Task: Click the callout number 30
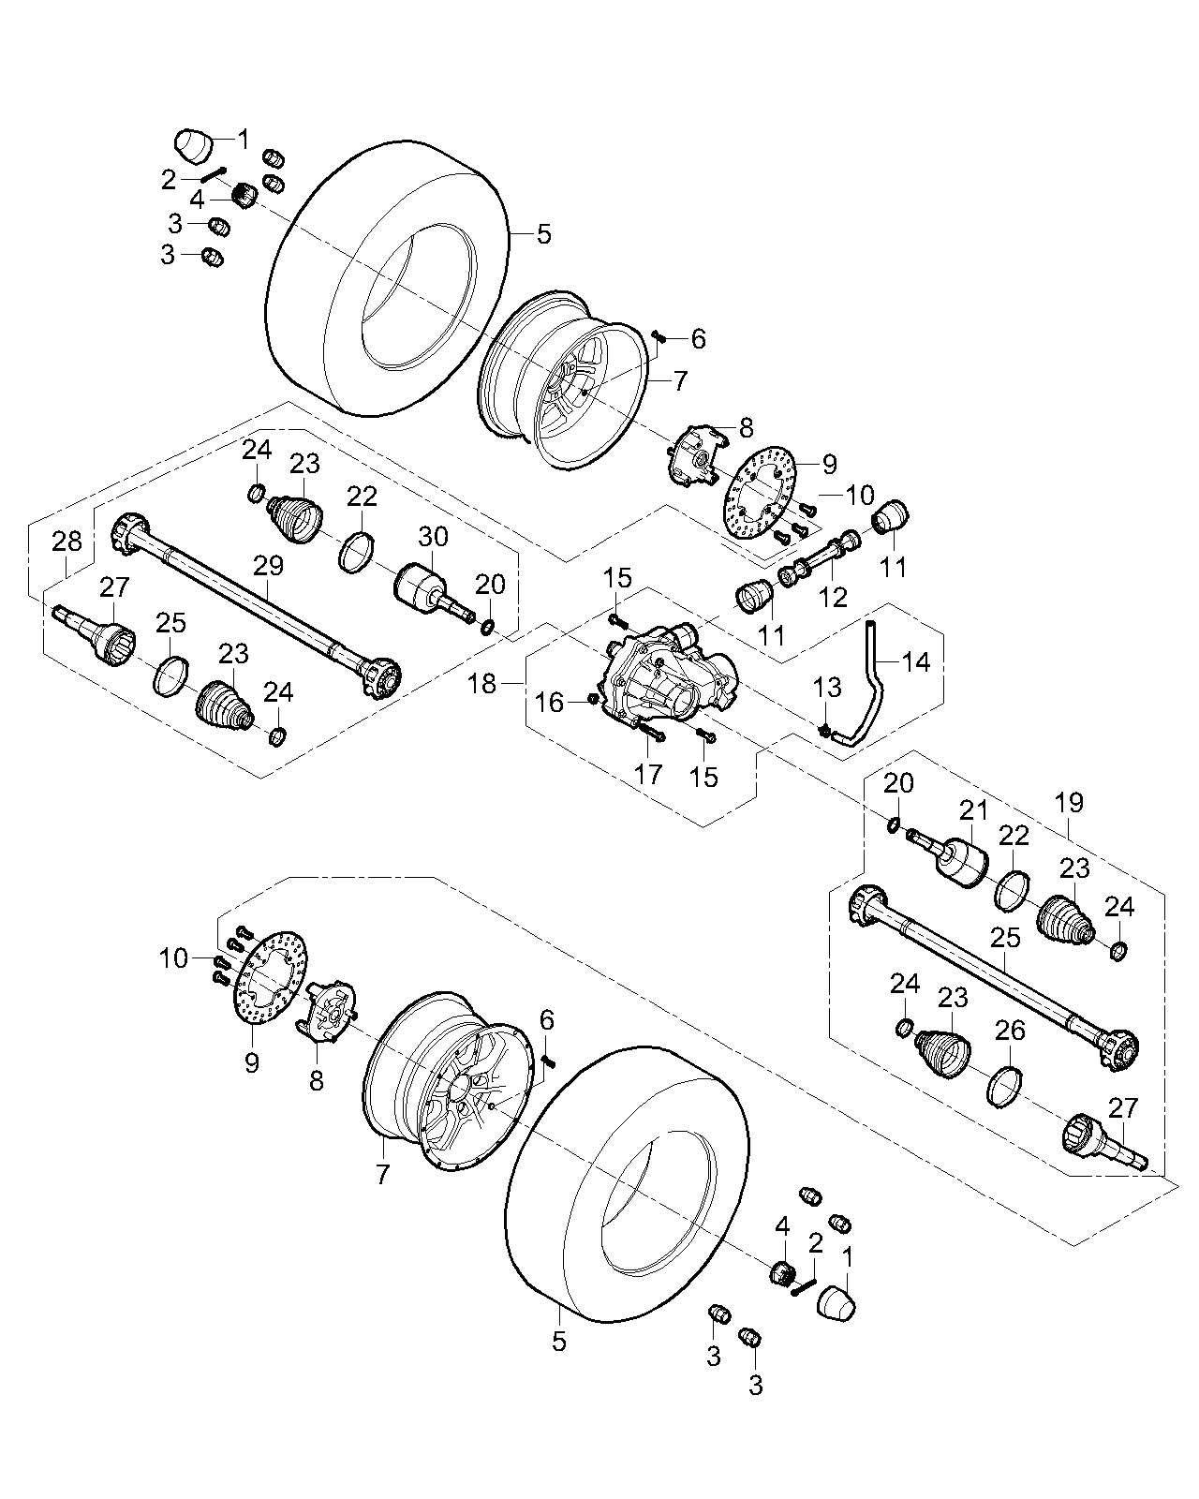(433, 537)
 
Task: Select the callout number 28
(67, 541)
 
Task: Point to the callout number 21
(970, 809)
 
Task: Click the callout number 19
(1068, 802)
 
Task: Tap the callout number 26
(1010, 1031)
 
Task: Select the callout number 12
(832, 596)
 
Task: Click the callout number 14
(916, 661)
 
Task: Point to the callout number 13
(827, 690)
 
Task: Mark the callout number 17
(647, 774)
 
